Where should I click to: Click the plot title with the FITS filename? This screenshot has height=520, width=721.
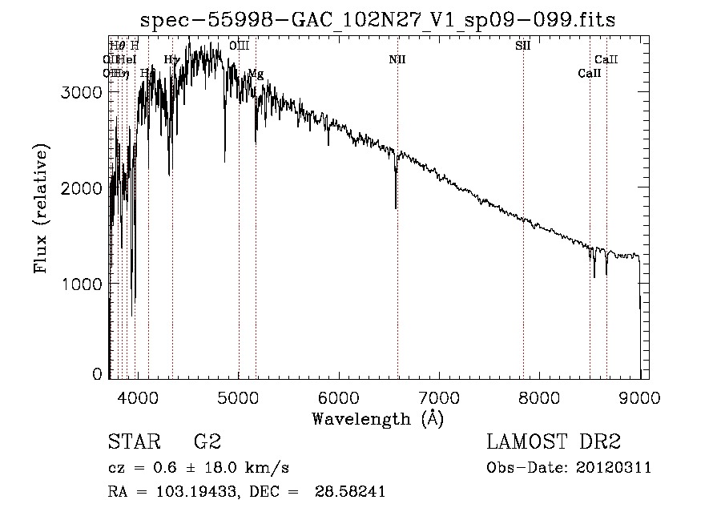377,20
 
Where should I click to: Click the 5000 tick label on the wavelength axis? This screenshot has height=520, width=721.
238,396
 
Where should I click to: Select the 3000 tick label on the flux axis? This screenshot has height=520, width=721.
82,92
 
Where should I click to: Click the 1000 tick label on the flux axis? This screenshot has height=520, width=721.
82,284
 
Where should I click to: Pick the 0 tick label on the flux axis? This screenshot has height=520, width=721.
97,374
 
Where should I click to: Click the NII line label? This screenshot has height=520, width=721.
397,59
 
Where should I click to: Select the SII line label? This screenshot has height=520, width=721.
522,46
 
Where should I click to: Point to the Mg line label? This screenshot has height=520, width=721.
256,74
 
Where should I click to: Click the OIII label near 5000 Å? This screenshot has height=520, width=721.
239,46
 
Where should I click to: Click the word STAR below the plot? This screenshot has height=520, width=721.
132,442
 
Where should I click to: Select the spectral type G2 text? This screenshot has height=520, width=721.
207,442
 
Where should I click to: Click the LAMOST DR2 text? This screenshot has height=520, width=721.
554,442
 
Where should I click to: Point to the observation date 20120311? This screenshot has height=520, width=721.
615,468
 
